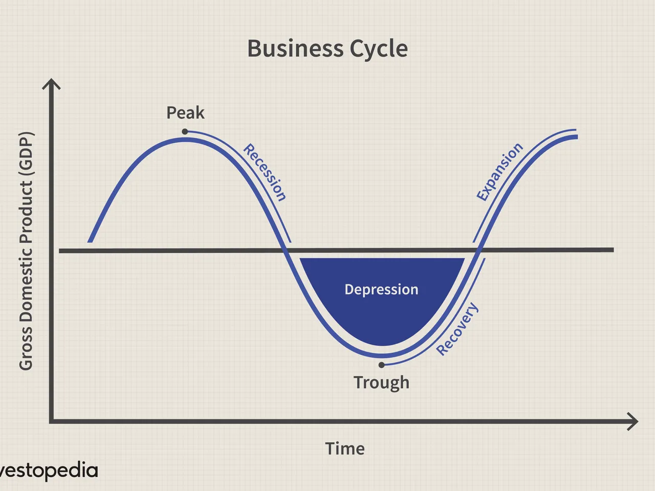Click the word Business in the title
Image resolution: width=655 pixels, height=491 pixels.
(x=295, y=49)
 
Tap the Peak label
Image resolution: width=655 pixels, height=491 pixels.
(x=185, y=113)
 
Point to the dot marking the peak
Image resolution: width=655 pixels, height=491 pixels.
(x=185, y=131)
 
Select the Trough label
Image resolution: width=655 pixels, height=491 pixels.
(x=381, y=383)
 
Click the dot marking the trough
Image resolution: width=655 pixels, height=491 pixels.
(x=381, y=365)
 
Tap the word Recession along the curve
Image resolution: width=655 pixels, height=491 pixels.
(x=265, y=172)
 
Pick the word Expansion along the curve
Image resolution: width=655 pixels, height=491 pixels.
(x=499, y=172)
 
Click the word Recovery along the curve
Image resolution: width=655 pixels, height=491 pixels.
(x=457, y=329)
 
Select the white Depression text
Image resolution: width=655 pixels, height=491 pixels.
(x=381, y=289)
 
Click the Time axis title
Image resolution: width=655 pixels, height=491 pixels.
(x=345, y=449)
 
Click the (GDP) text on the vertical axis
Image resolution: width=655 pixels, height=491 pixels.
(x=27, y=155)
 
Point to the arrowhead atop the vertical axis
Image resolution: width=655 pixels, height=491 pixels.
(x=51, y=83)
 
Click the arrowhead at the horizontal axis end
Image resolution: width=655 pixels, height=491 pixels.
(x=632, y=421)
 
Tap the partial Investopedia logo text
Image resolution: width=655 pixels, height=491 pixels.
(x=49, y=471)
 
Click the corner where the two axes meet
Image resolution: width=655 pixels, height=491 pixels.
(x=51, y=421)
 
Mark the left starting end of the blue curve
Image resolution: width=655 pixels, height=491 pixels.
(x=90, y=242)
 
